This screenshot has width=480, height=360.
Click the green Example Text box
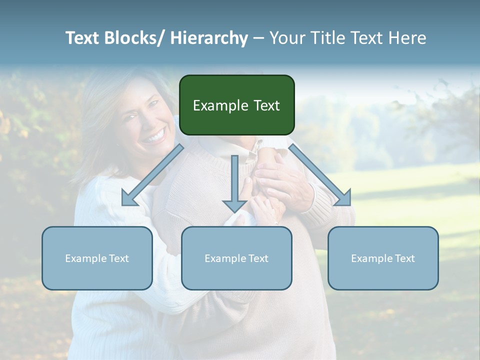click(x=236, y=105)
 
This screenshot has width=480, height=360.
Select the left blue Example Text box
click(x=97, y=258)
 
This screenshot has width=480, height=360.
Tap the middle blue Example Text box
click(x=236, y=258)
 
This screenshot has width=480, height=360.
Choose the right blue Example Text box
click(x=383, y=258)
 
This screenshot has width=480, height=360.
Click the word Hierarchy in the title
click(x=209, y=38)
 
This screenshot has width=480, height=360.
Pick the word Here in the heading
click(x=407, y=38)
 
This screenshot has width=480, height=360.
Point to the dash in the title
click(x=258, y=38)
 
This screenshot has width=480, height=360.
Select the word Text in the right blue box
click(x=404, y=258)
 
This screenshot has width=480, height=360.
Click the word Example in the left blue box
click(x=85, y=258)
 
